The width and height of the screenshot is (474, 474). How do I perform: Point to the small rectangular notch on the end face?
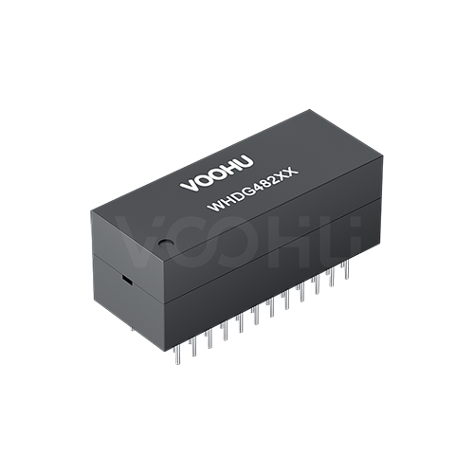pos(123,280)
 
